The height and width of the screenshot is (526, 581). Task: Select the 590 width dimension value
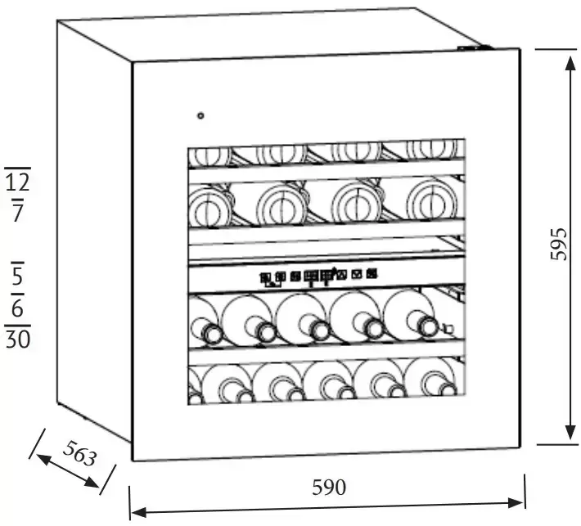click(329, 488)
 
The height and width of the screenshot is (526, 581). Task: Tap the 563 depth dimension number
click(79, 455)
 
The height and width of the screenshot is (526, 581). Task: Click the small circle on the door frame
click(200, 115)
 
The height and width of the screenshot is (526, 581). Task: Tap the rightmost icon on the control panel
click(372, 275)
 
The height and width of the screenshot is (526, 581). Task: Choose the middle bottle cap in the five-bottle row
click(320, 330)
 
